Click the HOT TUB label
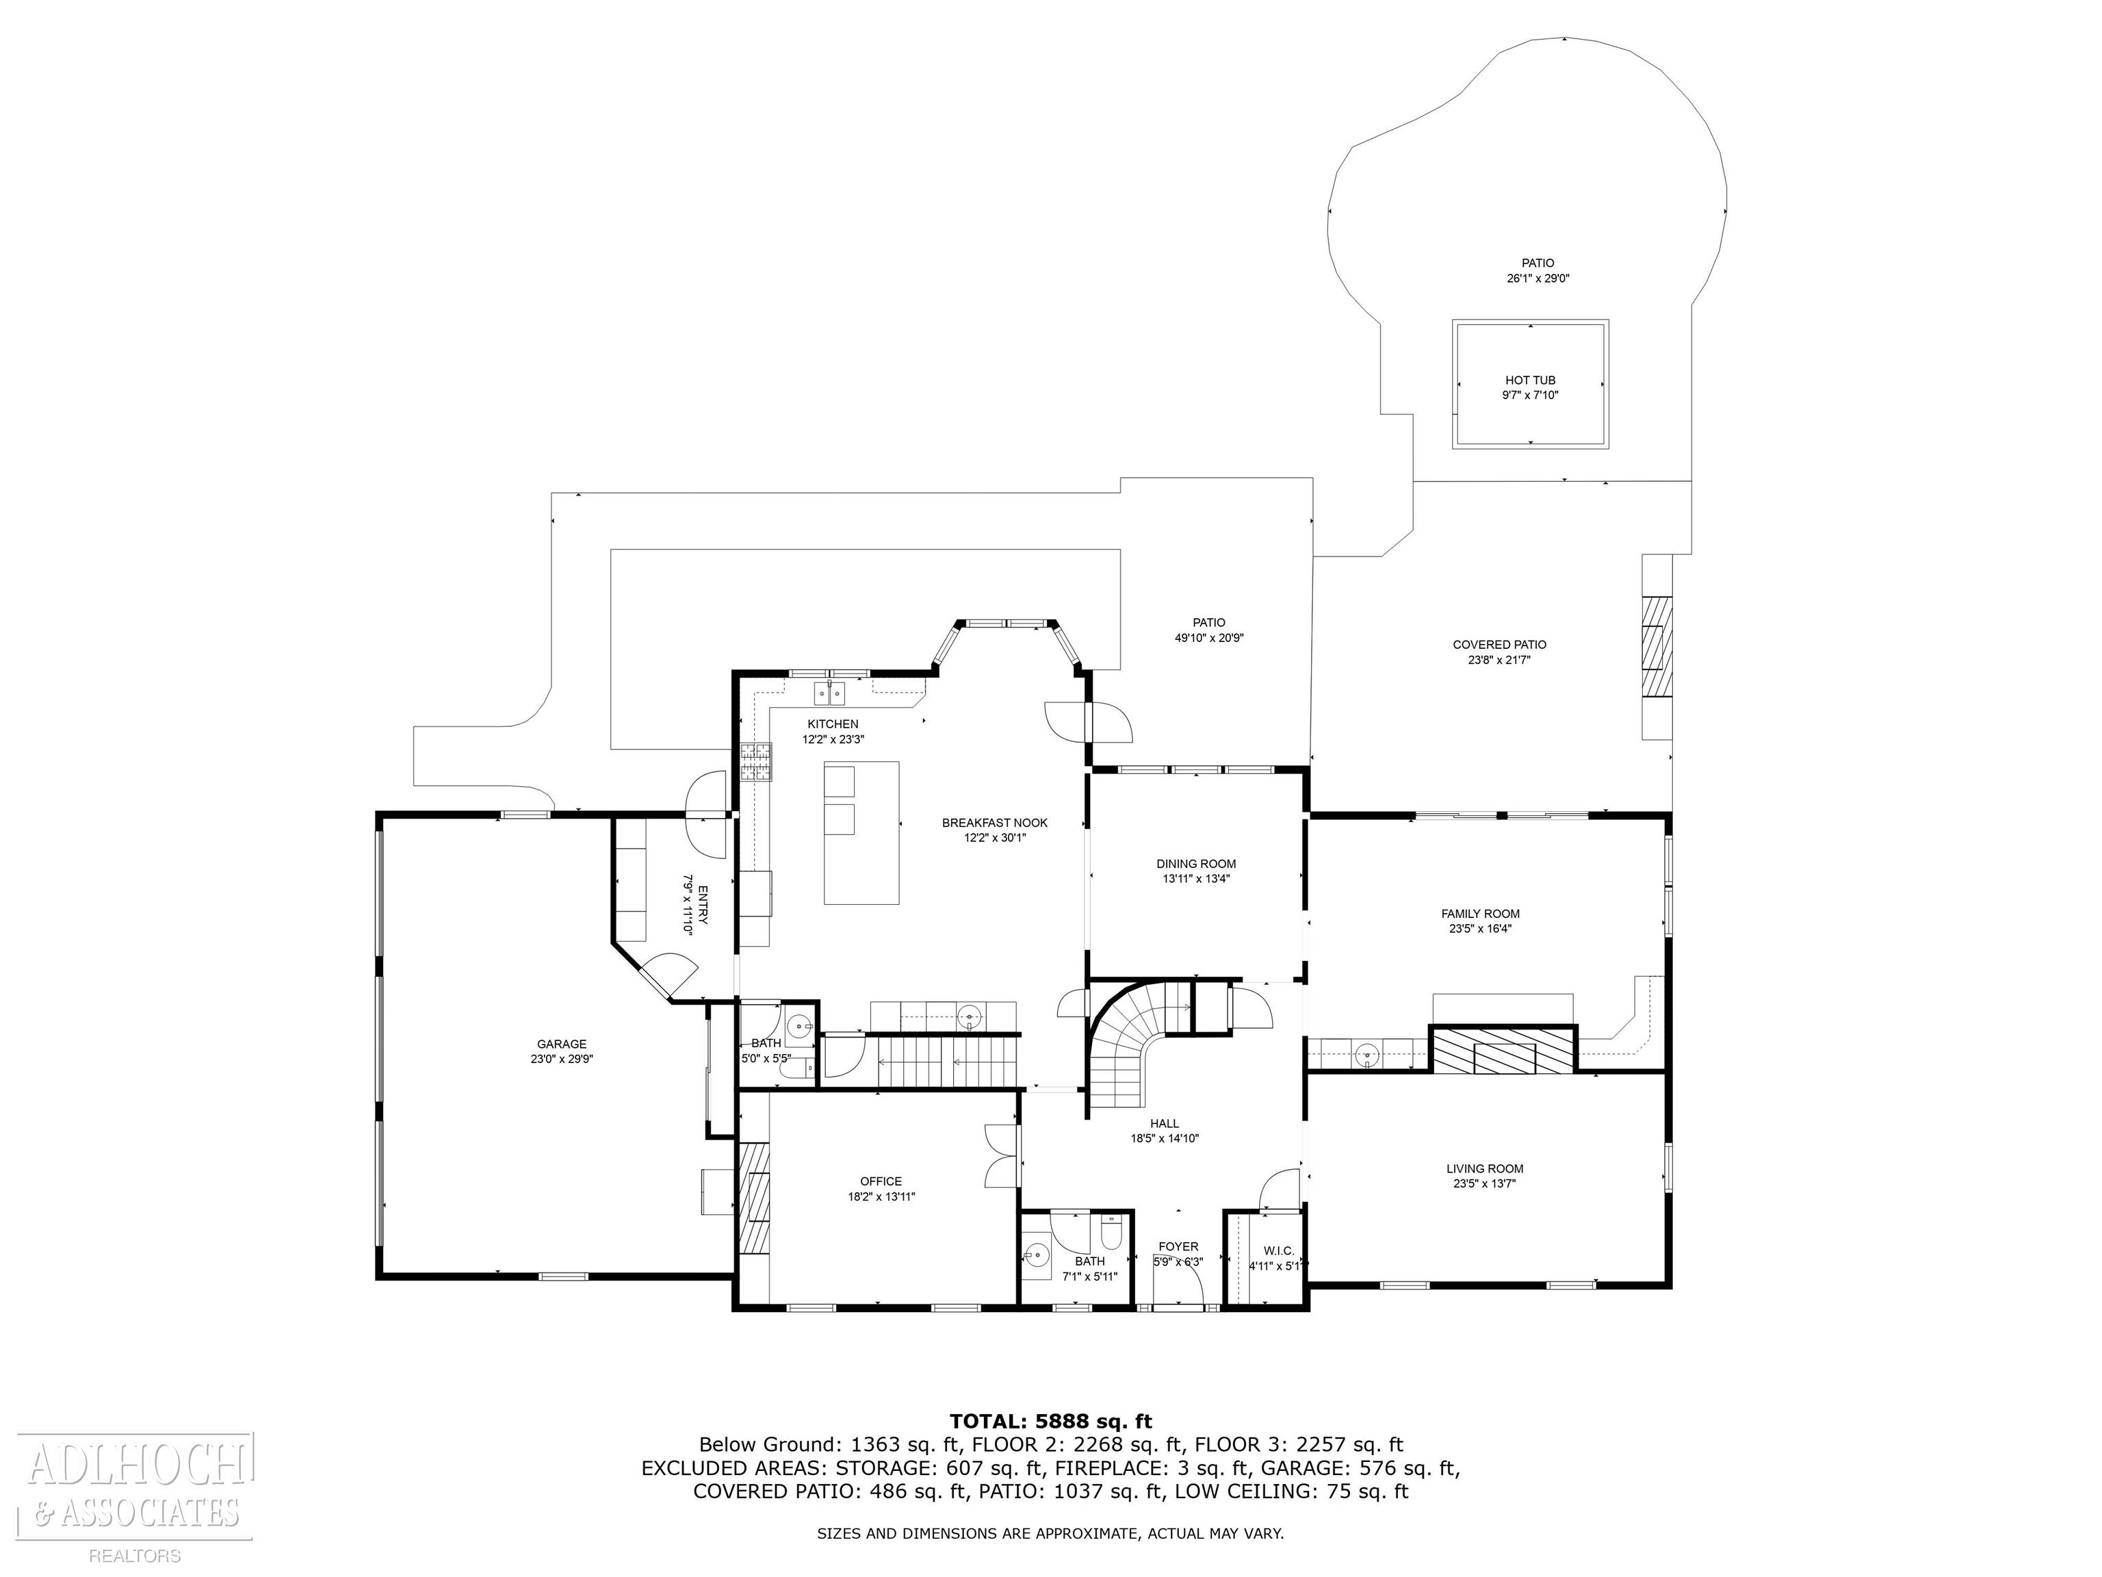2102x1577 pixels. [1530, 381]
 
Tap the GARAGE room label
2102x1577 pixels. [562, 1044]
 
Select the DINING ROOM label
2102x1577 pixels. [1196, 864]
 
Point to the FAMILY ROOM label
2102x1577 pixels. [1481, 914]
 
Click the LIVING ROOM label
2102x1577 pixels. [1485, 1169]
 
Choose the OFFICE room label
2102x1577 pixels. [881, 1181]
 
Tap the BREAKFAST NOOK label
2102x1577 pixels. [995, 822]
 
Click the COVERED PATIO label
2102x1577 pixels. [1500, 645]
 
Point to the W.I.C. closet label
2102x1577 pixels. [1278, 1251]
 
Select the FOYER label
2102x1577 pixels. [1178, 1246]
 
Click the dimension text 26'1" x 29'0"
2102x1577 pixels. [1537, 279]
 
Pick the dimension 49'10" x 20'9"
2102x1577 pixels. [1209, 638]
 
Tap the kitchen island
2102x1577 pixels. [861, 833]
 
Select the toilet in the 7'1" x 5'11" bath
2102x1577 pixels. [1111, 1235]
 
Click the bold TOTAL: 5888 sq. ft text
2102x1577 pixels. [1051, 1421]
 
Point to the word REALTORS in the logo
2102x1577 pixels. [135, 1556]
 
